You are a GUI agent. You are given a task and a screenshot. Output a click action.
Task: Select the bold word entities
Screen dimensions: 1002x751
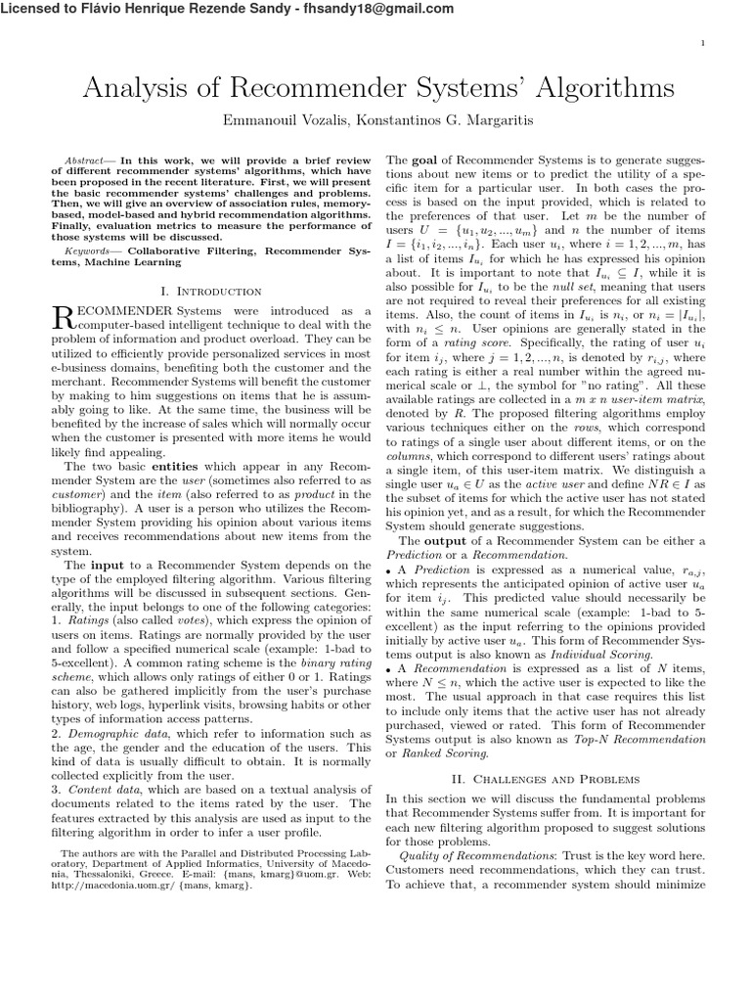pyautogui.click(x=175, y=468)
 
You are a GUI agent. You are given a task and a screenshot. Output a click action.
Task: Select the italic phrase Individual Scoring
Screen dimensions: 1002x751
pyautogui.click(x=600, y=653)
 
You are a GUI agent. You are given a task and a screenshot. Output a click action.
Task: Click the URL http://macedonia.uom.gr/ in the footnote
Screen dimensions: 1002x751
pyautogui.click(x=109, y=886)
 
